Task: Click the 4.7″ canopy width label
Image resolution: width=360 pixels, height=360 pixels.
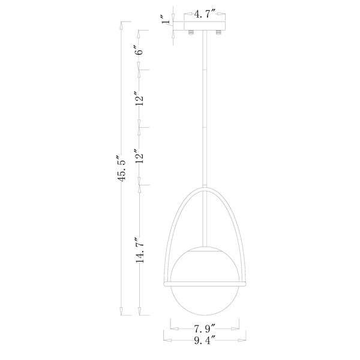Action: pyautogui.click(x=205, y=14)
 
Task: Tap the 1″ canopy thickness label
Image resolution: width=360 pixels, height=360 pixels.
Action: pyautogui.click(x=166, y=20)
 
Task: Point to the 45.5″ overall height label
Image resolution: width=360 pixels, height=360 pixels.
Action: pyautogui.click(x=121, y=169)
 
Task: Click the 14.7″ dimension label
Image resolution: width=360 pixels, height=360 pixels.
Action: pyautogui.click(x=140, y=250)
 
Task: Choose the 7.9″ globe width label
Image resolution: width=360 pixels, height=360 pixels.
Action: pyautogui.click(x=205, y=329)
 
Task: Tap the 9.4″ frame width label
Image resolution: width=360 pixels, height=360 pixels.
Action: pyautogui.click(x=205, y=340)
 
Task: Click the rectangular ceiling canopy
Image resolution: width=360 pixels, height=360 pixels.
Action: pyautogui.click(x=205, y=26)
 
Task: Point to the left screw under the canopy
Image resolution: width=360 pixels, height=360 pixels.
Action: pyautogui.click(x=191, y=32)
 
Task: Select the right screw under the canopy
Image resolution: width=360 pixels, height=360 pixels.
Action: pyautogui.click(x=218, y=32)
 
